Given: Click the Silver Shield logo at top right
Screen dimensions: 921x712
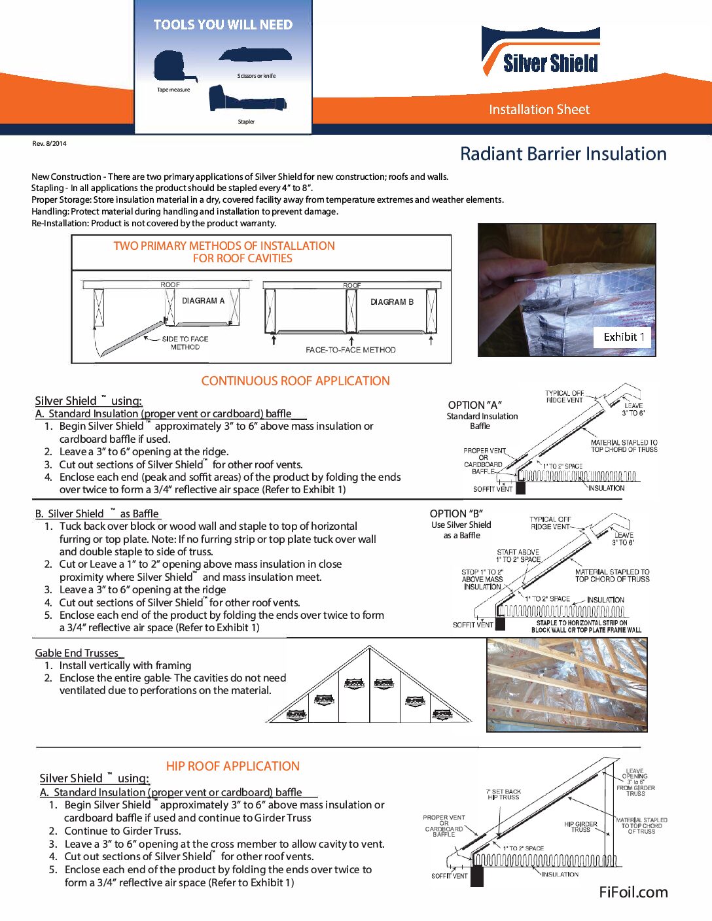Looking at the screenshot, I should coord(541,52).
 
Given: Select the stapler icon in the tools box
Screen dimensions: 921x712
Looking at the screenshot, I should coord(245,100).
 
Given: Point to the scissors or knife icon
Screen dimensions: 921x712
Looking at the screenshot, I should coord(255,56).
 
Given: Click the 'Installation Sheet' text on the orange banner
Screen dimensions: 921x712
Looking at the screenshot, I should coord(539,109).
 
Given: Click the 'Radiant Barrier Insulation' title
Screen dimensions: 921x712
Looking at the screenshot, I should coord(563,154).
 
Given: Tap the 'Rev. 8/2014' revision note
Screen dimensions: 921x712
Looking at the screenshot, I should coord(49,143).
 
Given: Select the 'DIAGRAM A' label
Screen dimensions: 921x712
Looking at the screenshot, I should coord(203,301).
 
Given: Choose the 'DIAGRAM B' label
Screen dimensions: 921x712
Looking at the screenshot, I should coord(392,302).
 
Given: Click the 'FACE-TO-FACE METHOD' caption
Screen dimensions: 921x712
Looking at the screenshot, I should coord(350,350).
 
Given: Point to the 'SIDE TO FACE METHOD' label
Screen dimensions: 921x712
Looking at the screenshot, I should coord(185,343).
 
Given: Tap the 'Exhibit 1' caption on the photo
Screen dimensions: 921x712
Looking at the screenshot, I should coord(624,337).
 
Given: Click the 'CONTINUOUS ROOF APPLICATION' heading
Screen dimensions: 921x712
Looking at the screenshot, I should coord(295,381).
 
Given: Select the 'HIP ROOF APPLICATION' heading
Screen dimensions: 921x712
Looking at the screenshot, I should coord(232,766).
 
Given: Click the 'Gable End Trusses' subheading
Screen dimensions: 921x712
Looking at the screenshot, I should coord(77,653).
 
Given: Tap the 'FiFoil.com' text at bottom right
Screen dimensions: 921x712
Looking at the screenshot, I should coord(633,892).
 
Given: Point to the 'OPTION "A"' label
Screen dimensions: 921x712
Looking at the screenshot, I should coord(474,405).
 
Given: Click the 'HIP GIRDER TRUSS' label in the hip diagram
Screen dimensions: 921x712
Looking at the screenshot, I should coord(580,827).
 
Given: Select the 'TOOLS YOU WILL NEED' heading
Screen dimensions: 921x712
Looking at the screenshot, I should coord(222,25).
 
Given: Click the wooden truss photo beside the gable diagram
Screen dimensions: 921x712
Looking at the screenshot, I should coord(566,685).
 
